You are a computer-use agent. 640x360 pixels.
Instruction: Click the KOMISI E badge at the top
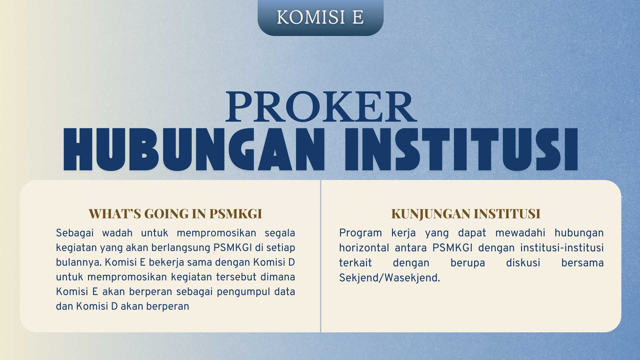pos(320,17)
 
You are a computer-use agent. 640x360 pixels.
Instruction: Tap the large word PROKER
pos(321,107)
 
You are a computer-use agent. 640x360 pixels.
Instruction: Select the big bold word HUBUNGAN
pos(194,150)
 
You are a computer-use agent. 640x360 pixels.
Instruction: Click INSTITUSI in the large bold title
pos(461,150)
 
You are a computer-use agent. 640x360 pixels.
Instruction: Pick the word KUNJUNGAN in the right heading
pos(431,214)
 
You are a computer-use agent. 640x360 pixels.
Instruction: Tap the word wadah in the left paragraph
pos(117,233)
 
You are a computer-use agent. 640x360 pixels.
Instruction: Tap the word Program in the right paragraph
pos(361,233)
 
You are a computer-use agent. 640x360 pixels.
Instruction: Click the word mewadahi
pos(520,233)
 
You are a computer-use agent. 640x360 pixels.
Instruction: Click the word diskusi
pos(523,263)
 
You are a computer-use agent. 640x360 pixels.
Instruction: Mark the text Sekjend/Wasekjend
pos(390,278)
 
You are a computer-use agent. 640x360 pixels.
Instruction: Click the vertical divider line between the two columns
pos(320,256)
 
